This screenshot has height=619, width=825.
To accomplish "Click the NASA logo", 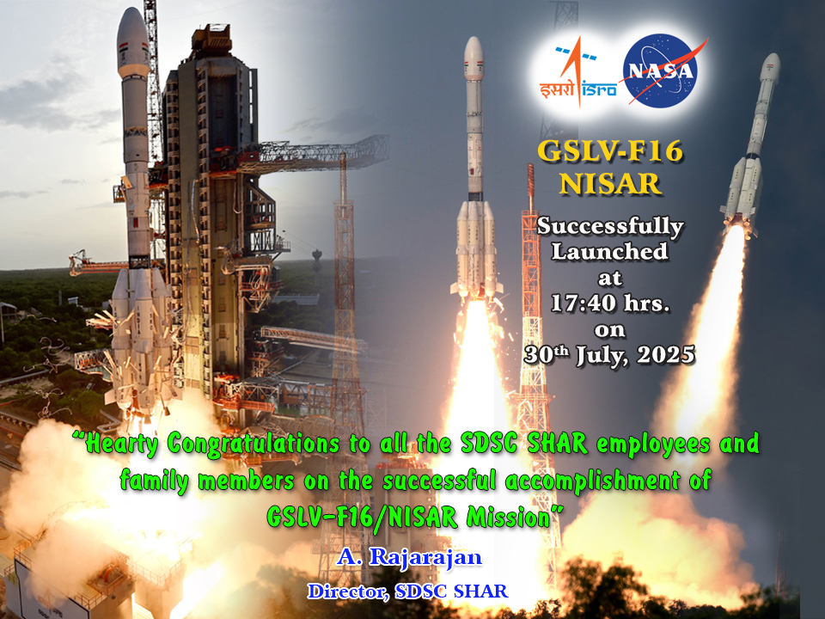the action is click(662, 70).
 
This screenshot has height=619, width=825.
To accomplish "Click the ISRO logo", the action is click(577, 72).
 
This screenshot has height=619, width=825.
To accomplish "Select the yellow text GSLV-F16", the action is click(610, 151).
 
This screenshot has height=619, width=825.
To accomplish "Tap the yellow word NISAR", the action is click(610, 184).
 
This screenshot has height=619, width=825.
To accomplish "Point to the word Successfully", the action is click(610, 227).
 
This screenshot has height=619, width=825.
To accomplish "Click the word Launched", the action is click(610, 252).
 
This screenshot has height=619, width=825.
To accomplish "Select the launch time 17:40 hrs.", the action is click(610, 303).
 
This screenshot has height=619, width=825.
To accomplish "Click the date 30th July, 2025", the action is click(609, 355).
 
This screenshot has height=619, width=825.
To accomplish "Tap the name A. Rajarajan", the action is click(409, 557).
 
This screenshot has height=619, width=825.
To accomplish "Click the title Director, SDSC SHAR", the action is click(407, 591).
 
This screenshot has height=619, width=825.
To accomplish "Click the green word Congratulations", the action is click(253, 444).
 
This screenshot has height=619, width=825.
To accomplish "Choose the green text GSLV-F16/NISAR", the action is click(363, 517).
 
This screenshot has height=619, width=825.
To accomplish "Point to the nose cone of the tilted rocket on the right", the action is click(771, 67).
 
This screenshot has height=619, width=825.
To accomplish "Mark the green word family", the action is click(154, 481).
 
